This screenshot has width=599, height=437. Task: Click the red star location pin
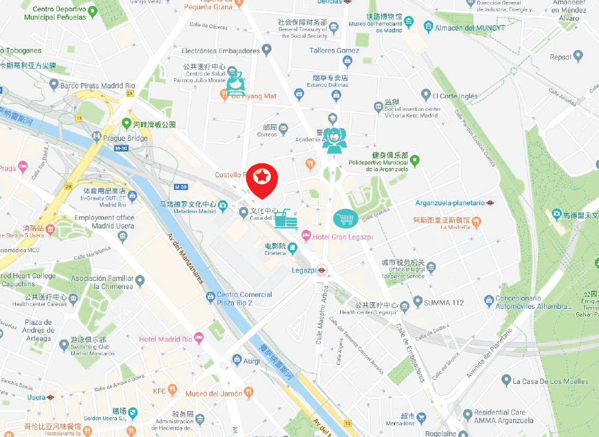pyautogui.click(x=262, y=178)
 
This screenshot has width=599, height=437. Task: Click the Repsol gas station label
pyautogui.click(x=560, y=57)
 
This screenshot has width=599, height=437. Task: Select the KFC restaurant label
pyautogui.click(x=159, y=391)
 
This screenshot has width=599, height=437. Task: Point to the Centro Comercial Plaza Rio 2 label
pyautogui.click(x=244, y=298)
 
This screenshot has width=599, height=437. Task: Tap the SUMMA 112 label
pyautogui.click(x=444, y=303)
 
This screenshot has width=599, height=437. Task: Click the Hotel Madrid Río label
pyautogui.click(x=165, y=339)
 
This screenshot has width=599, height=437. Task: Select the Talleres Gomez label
pyautogui.click(x=334, y=50)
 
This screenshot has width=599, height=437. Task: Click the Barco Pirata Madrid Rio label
pyautogui.click(x=98, y=86)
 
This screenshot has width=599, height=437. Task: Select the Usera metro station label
pyautogui.click(x=37, y=397)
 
